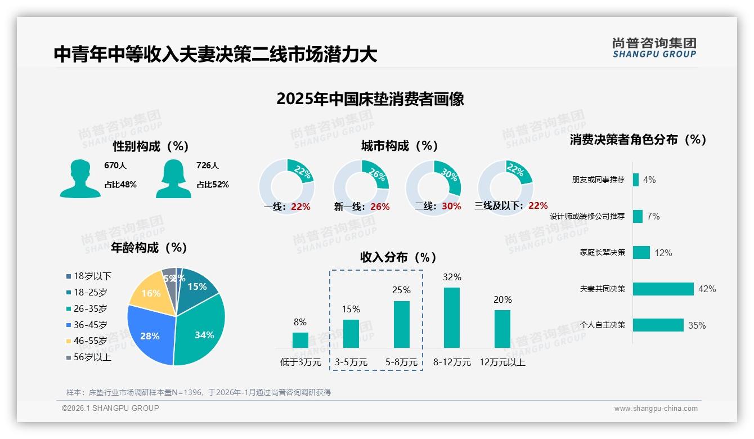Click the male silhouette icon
80,178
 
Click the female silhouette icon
173,178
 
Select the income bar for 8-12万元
452,317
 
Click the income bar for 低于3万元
300,340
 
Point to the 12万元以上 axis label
502,362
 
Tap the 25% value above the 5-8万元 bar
401,290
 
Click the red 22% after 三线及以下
538,206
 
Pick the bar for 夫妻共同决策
663,289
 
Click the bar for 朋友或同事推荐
636,180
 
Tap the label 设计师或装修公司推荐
587,216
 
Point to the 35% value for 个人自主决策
697,325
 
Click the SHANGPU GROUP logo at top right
654,48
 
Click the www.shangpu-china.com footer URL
656,409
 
